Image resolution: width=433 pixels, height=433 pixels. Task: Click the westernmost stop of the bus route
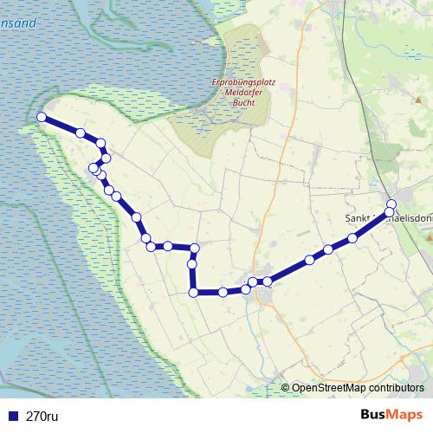point(42,117)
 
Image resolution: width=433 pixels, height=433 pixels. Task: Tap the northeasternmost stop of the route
point(391,204)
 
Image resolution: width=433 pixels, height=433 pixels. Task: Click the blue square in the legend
point(13,416)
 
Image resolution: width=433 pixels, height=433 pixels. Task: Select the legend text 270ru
point(42,416)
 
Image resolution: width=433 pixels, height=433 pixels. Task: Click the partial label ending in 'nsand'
point(18,23)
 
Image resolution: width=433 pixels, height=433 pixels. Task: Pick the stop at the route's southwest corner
point(193,293)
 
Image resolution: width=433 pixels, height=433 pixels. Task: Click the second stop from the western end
point(81,132)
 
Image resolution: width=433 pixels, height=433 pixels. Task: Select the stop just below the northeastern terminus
point(390,212)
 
